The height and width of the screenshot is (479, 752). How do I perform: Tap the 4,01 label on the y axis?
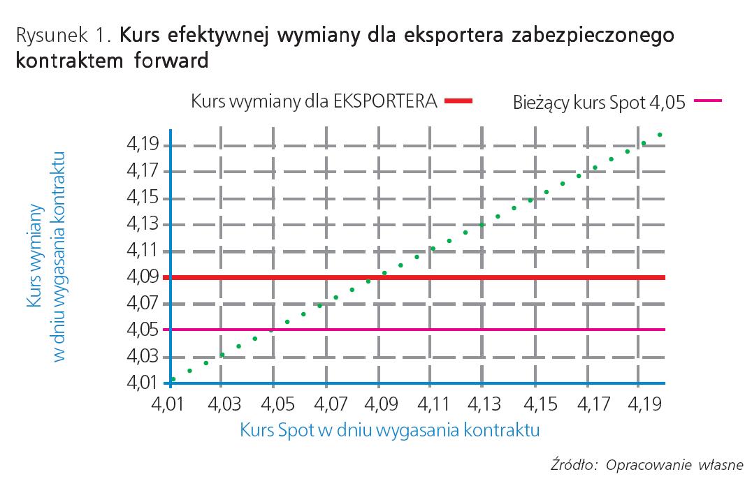click(x=142, y=383)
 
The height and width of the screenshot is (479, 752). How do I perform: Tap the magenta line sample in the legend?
click(x=707, y=101)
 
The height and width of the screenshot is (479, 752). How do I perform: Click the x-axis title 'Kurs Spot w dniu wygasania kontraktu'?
click(x=389, y=429)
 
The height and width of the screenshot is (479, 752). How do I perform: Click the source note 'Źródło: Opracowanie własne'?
click(x=647, y=465)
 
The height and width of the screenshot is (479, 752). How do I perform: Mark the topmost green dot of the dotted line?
click(x=660, y=135)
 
